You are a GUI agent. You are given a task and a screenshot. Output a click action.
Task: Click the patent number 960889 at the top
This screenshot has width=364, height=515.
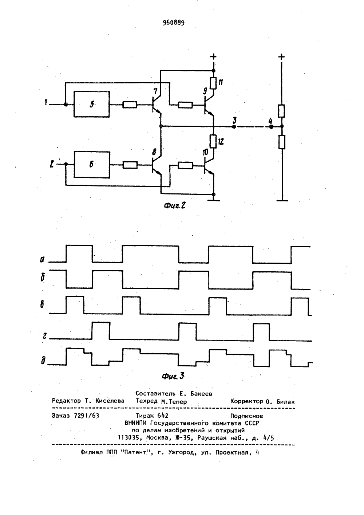[x=174, y=23]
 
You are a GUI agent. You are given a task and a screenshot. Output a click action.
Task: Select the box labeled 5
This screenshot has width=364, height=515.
[x=92, y=105]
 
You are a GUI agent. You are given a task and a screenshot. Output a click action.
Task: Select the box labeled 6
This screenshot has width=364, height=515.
[x=92, y=165]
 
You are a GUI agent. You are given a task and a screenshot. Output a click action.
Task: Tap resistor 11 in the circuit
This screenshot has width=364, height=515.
[x=213, y=83]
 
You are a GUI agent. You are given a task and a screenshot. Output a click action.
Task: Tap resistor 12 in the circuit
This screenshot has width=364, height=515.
[x=213, y=141]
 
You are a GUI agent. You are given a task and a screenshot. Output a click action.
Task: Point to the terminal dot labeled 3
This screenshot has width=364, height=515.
[x=234, y=126]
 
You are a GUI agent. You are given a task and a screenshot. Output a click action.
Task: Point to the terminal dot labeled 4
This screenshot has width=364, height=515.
[x=271, y=126]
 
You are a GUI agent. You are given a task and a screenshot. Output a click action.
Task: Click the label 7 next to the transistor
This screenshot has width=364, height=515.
[x=155, y=91]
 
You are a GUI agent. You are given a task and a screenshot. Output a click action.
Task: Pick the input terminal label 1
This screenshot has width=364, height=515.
[x=46, y=102]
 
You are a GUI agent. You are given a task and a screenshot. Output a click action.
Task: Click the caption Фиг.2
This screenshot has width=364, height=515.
[x=174, y=205]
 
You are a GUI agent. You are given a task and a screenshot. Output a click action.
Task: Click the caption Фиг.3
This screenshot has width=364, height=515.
[x=173, y=376]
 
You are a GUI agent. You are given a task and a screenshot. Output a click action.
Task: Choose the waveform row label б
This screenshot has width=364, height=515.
[x=43, y=278]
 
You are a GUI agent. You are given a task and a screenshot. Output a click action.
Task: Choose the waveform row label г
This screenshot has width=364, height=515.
[x=44, y=336]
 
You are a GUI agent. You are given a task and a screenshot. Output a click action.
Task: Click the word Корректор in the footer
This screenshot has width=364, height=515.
[x=246, y=401]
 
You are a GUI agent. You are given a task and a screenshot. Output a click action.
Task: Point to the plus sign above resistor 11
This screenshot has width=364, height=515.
[x=213, y=56]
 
